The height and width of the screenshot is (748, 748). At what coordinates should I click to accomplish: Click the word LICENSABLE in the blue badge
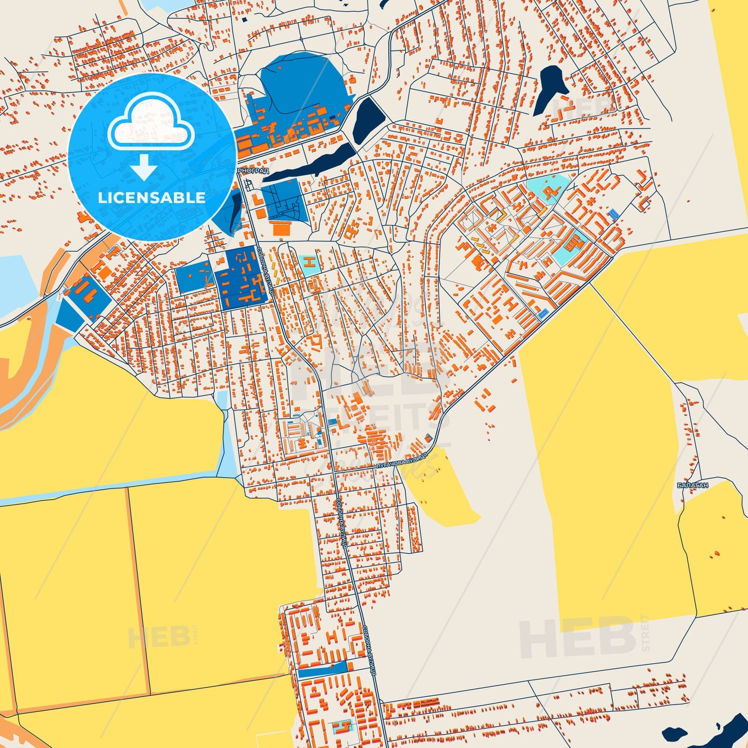pyautogui.click(x=151, y=197)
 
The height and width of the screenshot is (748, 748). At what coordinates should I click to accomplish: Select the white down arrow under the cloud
pyautogui.click(x=144, y=167)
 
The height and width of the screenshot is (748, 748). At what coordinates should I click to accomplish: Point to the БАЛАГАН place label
pyautogui.click(x=692, y=486)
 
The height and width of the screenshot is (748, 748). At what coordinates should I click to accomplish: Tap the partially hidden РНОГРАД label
pyautogui.click(x=253, y=170)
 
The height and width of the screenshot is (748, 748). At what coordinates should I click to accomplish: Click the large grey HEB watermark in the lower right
pyautogui.click(x=577, y=638)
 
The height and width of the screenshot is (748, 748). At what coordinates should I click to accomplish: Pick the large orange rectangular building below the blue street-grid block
pyautogui.click(x=282, y=228)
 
